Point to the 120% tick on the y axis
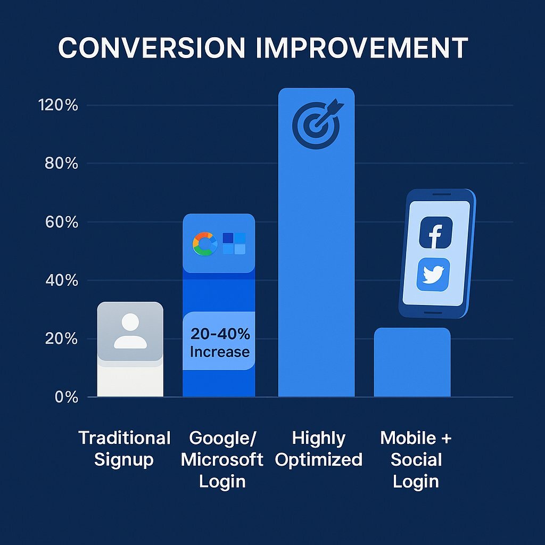click(58, 105)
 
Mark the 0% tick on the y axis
click(66, 397)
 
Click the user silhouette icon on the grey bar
click(130, 331)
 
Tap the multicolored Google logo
click(205, 243)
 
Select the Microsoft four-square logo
click(234, 243)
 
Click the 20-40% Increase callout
click(219, 343)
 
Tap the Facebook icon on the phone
click(435, 233)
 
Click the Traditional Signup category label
click(125, 449)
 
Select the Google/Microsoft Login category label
click(222, 459)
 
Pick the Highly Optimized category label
click(319, 449)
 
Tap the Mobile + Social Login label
click(416, 459)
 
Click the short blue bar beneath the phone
click(412, 363)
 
